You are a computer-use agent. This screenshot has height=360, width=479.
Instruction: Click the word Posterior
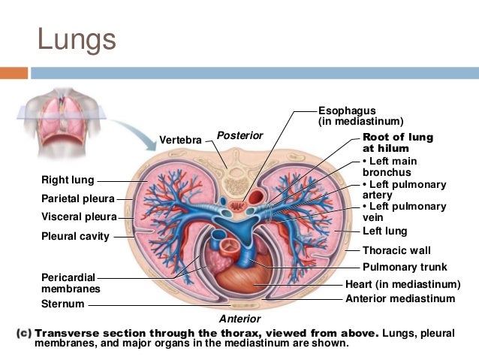tap(239, 135)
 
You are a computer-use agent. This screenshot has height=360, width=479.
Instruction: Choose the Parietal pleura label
tap(77, 199)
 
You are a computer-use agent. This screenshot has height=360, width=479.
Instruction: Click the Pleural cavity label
tap(75, 236)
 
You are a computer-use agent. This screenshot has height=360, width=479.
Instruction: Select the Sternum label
tap(62, 304)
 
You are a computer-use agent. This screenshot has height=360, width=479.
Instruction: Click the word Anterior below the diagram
tap(239, 319)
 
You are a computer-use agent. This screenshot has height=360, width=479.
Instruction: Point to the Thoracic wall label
tap(396, 250)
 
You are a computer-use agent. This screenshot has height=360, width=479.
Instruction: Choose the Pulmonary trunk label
tap(405, 267)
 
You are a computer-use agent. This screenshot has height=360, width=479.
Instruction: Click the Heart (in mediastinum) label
tap(402, 284)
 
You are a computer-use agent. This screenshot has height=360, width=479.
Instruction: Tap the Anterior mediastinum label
tap(399, 298)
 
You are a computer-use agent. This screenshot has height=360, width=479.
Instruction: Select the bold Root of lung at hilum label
tap(397, 143)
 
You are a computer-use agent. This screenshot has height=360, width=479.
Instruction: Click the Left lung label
tap(384, 231)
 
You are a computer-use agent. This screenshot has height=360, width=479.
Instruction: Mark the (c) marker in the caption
tap(23, 332)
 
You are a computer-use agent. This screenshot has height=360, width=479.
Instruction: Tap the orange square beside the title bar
tap(14, 73)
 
